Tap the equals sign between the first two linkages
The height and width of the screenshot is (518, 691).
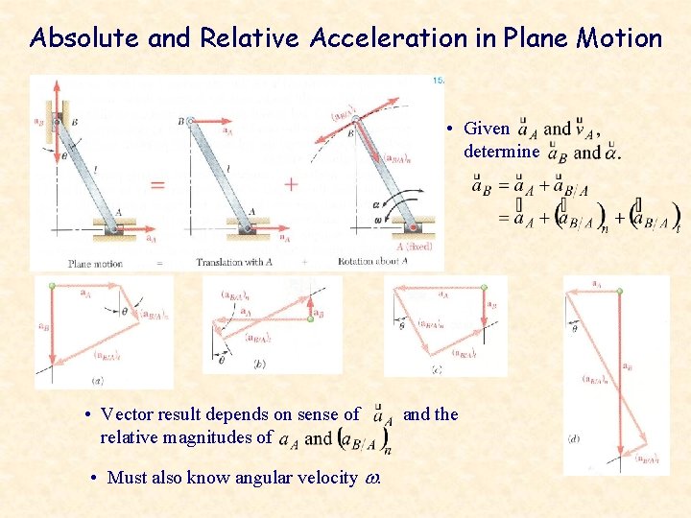pyautogui.click(x=157, y=184)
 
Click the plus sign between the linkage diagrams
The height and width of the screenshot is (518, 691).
pyautogui.click(x=290, y=183)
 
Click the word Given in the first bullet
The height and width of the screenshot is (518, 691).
pyautogui.click(x=487, y=129)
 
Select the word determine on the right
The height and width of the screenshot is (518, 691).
pyautogui.click(x=502, y=152)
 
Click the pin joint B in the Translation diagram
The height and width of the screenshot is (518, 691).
pyautogui.click(x=190, y=121)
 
